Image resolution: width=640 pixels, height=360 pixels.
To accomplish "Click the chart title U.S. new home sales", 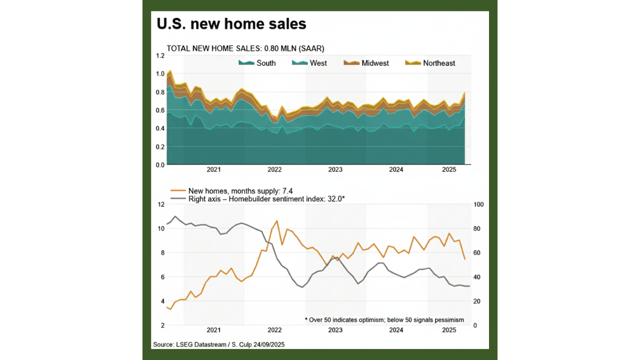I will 231,23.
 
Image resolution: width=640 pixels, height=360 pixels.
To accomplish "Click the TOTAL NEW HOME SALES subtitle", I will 245,48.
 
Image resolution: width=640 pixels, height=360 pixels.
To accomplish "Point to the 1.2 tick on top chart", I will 160,55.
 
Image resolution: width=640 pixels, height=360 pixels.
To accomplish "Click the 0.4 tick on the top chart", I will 160,128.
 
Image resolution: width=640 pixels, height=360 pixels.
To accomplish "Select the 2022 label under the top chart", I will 274,170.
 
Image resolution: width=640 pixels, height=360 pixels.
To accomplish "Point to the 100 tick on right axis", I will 477,204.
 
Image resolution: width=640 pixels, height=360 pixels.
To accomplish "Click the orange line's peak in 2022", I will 276,220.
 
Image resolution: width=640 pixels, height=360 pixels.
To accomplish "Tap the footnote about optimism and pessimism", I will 384,320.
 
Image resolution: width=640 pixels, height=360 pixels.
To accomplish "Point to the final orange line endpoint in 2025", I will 465,259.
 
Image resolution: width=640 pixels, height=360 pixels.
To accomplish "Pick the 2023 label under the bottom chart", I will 335,330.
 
